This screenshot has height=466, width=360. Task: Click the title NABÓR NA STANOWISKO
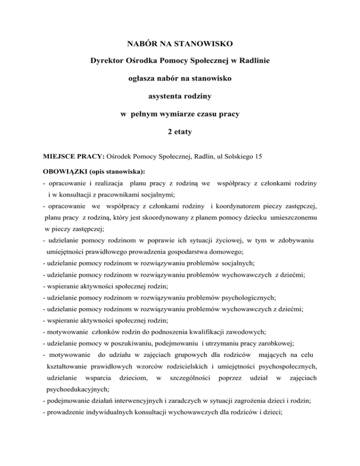pos(180,45)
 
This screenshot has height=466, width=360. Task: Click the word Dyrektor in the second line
pos(106,61)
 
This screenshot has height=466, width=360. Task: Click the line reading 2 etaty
pos(180,132)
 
